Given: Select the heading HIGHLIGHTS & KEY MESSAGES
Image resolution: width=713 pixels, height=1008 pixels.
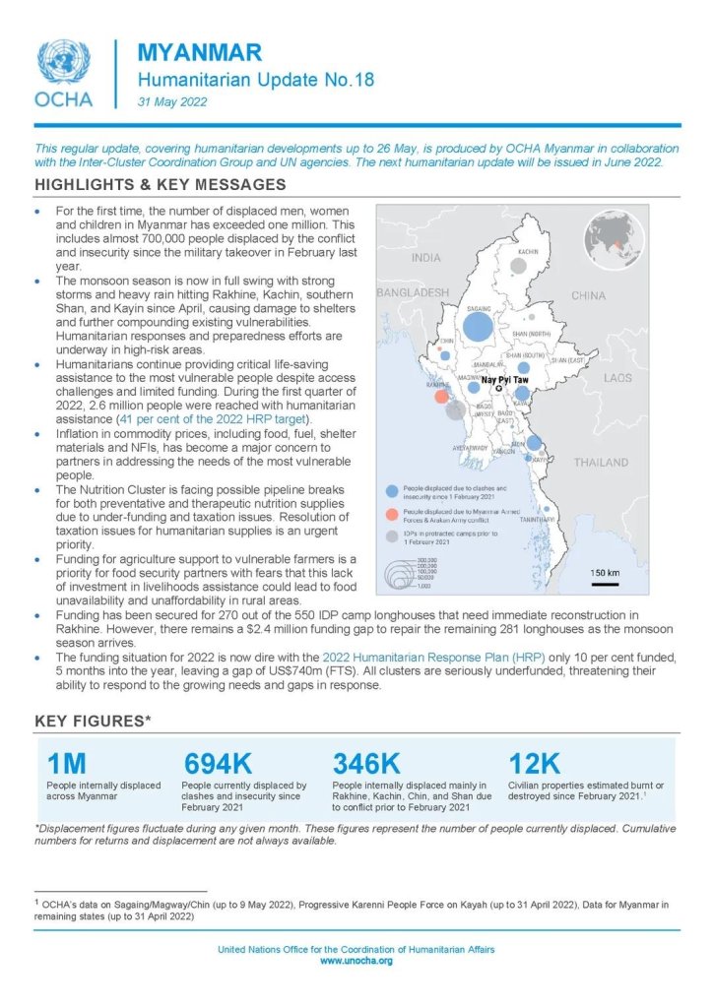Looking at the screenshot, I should pyautogui.click(x=160, y=185).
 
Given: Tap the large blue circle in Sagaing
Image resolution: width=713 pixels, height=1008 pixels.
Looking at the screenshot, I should pyautogui.click(x=479, y=326).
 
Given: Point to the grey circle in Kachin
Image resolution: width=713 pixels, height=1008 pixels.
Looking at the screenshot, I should pyautogui.click(x=518, y=266).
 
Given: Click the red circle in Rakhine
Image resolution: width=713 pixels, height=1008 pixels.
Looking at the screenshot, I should pyautogui.click(x=442, y=397).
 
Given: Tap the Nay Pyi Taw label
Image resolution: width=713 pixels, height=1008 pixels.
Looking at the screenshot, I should pyautogui.click(x=504, y=379).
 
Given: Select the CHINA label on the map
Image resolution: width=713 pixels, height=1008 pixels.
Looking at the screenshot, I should pyautogui.click(x=588, y=295).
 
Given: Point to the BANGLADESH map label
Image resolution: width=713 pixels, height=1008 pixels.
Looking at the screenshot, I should pyautogui.click(x=413, y=292).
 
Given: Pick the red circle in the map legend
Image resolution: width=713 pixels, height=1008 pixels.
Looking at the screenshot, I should pyautogui.click(x=393, y=514).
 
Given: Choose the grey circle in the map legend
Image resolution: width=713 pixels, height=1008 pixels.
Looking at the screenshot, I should pyautogui.click(x=393, y=535).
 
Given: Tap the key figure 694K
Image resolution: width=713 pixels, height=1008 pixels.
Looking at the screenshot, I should pyautogui.click(x=219, y=764).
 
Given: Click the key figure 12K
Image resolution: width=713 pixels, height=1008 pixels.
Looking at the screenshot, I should pyautogui.click(x=535, y=764).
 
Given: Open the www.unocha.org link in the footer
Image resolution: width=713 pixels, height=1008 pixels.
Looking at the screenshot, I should pyautogui.click(x=356, y=961).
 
